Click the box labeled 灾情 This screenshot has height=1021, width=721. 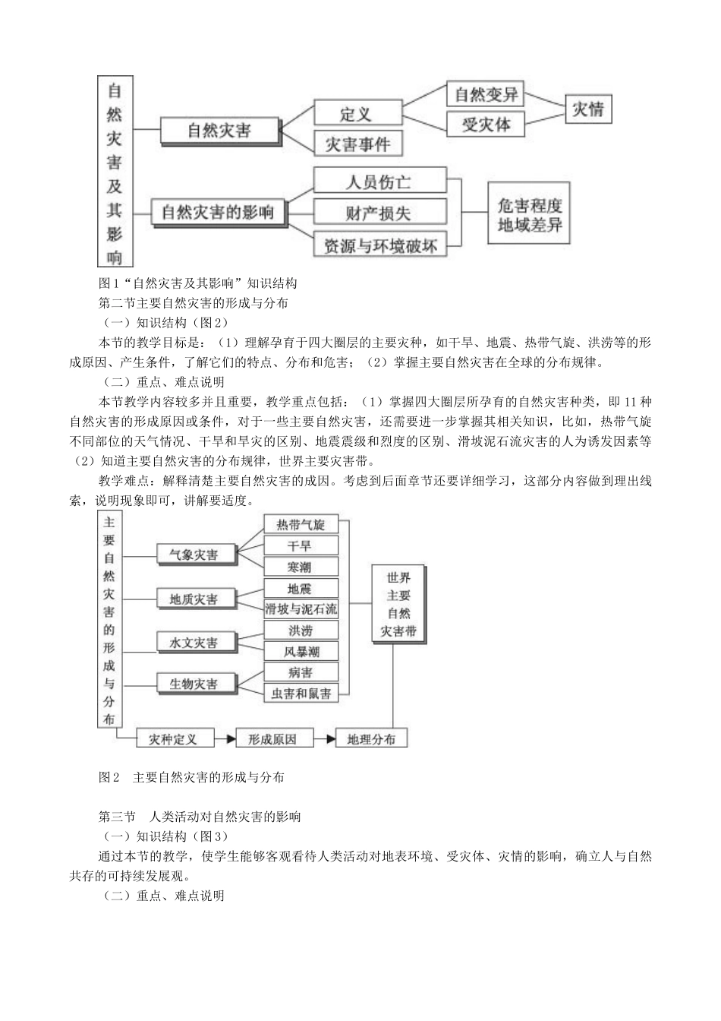pyautogui.click(x=587, y=109)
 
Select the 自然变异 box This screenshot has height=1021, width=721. pyautogui.click(x=485, y=94)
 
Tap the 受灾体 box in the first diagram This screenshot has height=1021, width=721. pyautogui.click(x=485, y=124)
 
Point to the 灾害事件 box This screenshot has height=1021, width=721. pyautogui.click(x=357, y=144)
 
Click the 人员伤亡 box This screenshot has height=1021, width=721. pyautogui.click(x=379, y=182)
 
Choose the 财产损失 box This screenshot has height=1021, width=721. pyautogui.click(x=379, y=213)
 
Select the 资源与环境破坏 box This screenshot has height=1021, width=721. pyautogui.click(x=379, y=245)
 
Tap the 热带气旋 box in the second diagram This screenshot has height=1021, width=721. pyautogui.click(x=301, y=525)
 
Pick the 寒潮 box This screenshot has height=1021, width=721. pyautogui.click(x=301, y=567)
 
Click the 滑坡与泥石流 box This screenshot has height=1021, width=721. pyautogui.click(x=301, y=608)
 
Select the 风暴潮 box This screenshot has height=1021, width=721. pyautogui.click(x=301, y=651)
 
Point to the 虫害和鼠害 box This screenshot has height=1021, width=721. pyautogui.click(x=301, y=694)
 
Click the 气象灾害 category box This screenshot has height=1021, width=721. pyautogui.click(x=194, y=555)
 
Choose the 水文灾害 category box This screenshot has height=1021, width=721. pyautogui.click(x=194, y=643)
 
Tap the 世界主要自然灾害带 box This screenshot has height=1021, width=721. pyautogui.click(x=398, y=605)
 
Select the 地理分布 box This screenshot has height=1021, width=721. pyautogui.click(x=371, y=738)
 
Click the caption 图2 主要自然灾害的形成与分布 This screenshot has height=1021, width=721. pyautogui.click(x=192, y=777)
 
